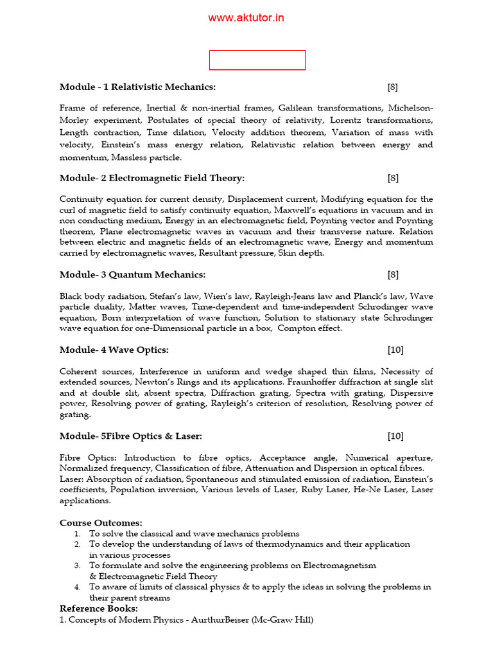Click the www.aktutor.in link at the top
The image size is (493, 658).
[246, 18]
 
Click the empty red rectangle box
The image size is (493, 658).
[257, 60]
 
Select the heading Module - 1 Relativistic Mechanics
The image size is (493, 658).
[137, 87]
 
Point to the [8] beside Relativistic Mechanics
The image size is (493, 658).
[393, 87]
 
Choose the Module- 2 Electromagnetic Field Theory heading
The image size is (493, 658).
[152, 178]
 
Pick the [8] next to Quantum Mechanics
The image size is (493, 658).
[393, 274]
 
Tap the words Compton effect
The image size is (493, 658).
[310, 328]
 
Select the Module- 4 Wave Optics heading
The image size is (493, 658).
[114, 350]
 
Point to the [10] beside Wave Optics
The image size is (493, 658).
[395, 350]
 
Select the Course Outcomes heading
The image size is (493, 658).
[101, 523]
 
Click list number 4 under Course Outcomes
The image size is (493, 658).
[77, 587]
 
